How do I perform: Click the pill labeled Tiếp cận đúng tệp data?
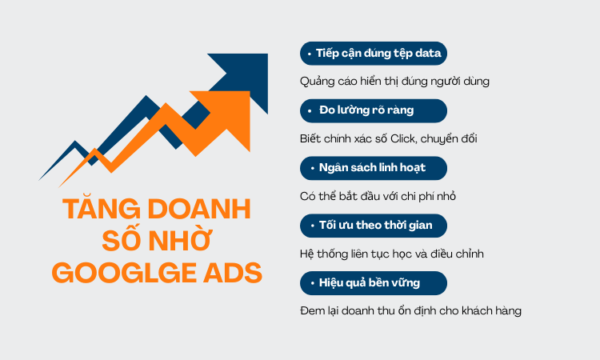click(373, 54)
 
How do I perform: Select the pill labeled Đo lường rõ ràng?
click(373, 110)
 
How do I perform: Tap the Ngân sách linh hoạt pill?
click(373, 168)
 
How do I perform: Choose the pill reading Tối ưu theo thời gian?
click(373, 226)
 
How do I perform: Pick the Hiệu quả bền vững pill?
click(373, 282)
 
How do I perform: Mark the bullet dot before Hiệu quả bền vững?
click(309, 282)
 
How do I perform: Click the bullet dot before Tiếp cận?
click(309, 54)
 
